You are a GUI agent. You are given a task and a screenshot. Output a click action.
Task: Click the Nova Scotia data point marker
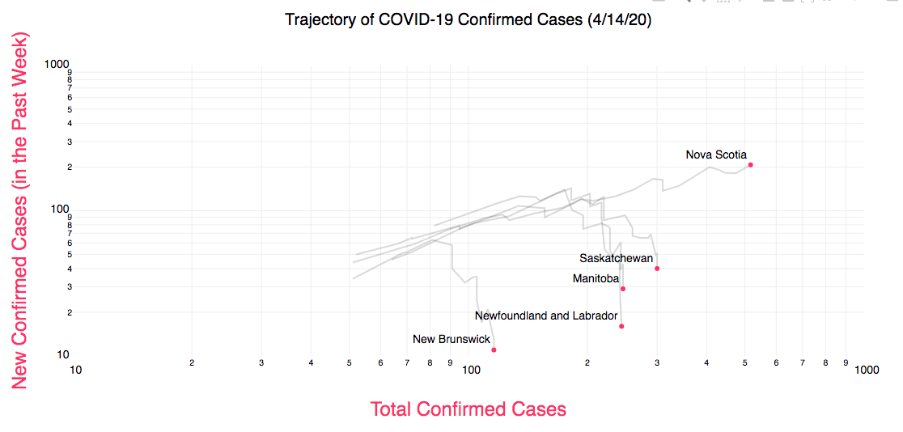751,165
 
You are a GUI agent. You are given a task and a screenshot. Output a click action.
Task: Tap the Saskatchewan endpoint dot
657,269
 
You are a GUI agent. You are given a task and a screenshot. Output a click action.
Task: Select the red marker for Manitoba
623,289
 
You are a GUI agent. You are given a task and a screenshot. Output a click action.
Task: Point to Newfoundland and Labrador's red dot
621,326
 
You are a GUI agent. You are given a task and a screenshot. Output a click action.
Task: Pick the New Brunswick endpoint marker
494,349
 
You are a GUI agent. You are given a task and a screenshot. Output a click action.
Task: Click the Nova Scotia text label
716,155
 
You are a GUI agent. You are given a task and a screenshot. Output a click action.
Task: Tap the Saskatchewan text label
616,258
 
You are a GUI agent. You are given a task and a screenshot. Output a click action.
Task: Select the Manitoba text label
596,279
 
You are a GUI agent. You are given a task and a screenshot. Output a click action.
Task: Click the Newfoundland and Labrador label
546,316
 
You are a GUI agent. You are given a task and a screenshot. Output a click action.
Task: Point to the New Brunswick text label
451,339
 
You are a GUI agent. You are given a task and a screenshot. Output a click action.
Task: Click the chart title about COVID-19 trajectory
468,20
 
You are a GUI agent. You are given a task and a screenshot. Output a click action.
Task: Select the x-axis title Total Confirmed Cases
468,409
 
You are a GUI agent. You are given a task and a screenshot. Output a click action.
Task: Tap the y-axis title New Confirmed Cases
20,210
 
